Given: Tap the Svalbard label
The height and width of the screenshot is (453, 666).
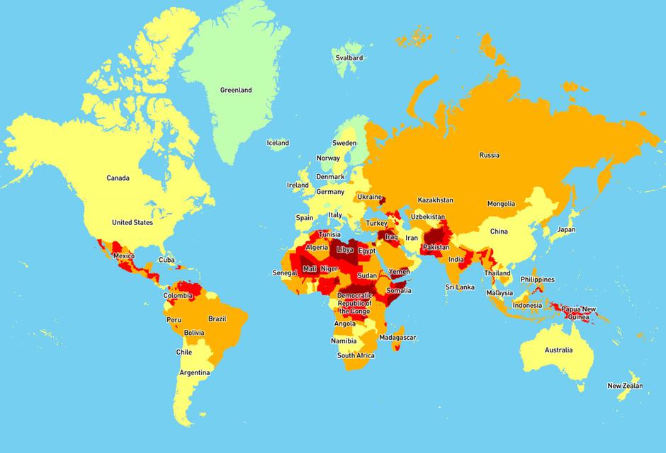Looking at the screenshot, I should point(349,57).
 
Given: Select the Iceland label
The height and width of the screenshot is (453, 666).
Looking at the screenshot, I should point(277,143).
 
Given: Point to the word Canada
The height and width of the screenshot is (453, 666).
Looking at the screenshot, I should point(118,178).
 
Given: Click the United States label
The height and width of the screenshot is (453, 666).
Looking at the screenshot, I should point(132,222).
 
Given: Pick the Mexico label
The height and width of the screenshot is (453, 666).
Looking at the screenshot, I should point(123,256).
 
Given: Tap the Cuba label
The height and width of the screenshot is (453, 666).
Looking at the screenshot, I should point(166,259).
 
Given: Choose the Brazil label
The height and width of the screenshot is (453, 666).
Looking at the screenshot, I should point(217,319).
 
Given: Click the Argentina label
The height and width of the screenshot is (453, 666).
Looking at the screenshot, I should point(194,372).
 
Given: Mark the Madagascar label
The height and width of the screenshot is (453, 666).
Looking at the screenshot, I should point(397,337).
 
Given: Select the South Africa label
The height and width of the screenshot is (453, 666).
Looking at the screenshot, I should point(356,355).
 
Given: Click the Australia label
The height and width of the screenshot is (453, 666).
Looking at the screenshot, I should point(558,350).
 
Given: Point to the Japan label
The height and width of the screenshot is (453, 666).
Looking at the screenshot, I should point(566,229).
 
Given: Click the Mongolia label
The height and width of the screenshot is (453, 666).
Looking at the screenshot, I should point(500,204).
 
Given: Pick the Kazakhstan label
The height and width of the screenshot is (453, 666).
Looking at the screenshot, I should point(435,200).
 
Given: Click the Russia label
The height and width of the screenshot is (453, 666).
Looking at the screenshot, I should point(489,155).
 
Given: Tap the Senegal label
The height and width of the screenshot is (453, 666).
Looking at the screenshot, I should point(286,273).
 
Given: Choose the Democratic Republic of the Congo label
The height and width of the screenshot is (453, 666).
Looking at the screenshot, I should point(354,303).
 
